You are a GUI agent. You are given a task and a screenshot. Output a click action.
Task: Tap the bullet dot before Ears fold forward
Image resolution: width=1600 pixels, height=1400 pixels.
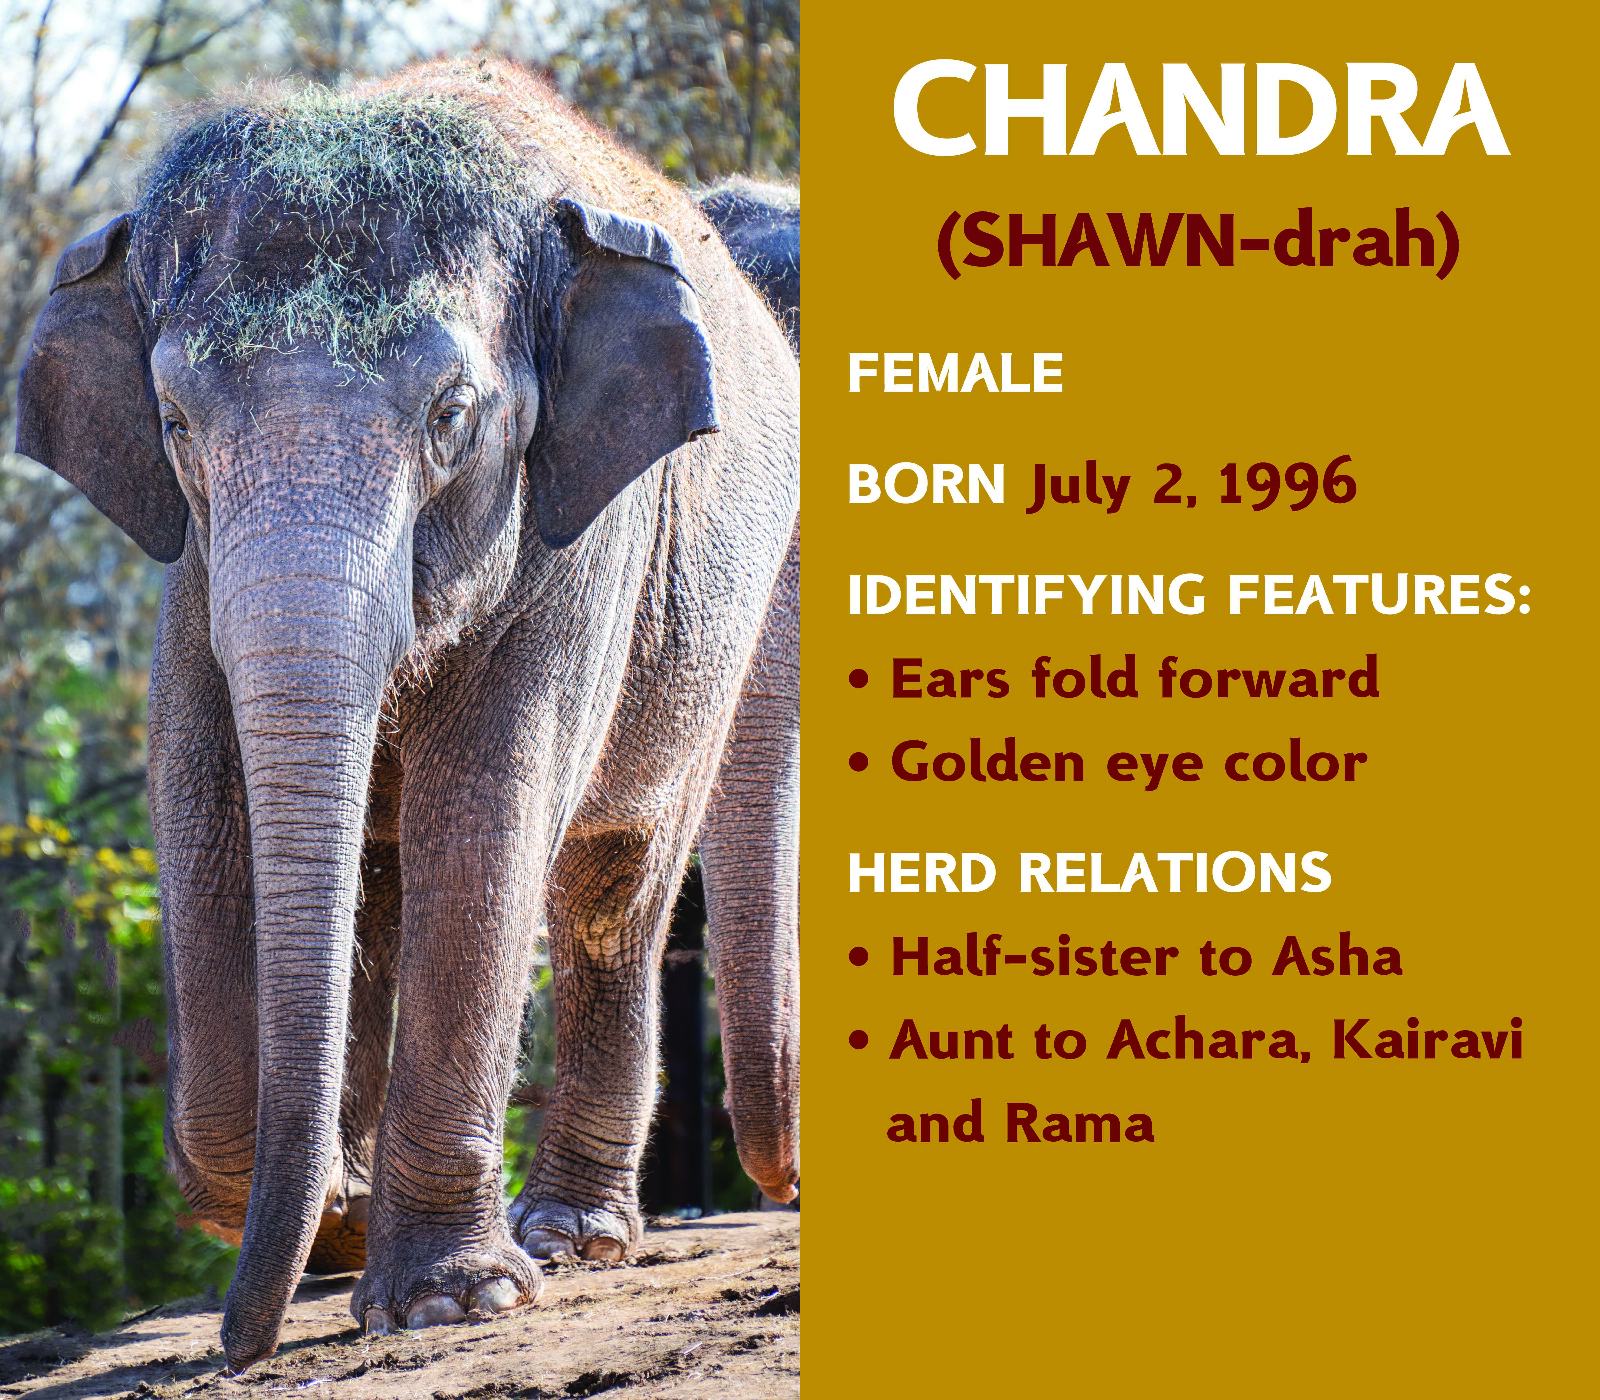tap(860, 679)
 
